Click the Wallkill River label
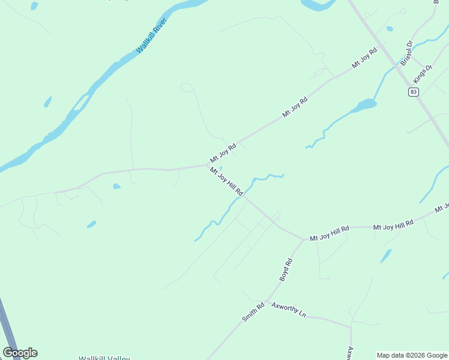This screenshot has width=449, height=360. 151,35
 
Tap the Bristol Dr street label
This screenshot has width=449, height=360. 407,53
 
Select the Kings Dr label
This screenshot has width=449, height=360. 423,75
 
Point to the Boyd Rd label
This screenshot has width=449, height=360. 285,270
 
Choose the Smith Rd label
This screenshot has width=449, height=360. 253,313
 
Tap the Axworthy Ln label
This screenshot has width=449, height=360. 289,310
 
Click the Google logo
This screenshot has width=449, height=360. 20,353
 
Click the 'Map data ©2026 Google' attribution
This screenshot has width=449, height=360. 412,355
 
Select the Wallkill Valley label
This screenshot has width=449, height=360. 104,358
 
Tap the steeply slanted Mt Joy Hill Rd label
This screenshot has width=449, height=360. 226,181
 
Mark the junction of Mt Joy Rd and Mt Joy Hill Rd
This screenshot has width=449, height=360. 209,164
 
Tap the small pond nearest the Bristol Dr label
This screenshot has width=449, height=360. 390,29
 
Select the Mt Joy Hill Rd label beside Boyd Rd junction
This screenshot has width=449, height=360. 330,234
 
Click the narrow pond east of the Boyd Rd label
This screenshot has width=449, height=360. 385,256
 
